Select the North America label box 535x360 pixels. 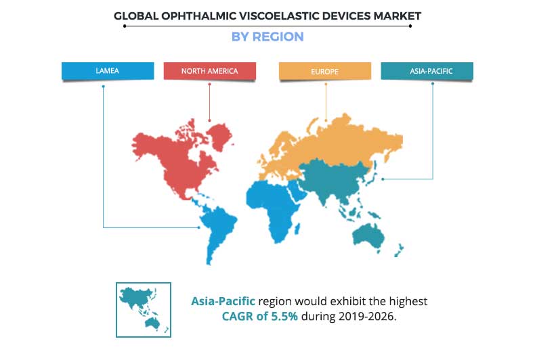pos(209,71)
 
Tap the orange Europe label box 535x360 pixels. pos(326,71)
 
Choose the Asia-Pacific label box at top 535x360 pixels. pos(427,71)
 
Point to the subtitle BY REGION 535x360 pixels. pos(267,37)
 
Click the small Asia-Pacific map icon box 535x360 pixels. pos(144,309)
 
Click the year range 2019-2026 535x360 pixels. pos(366,315)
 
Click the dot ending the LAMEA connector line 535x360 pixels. pos(199,227)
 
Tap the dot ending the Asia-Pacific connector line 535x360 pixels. pos(383,179)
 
